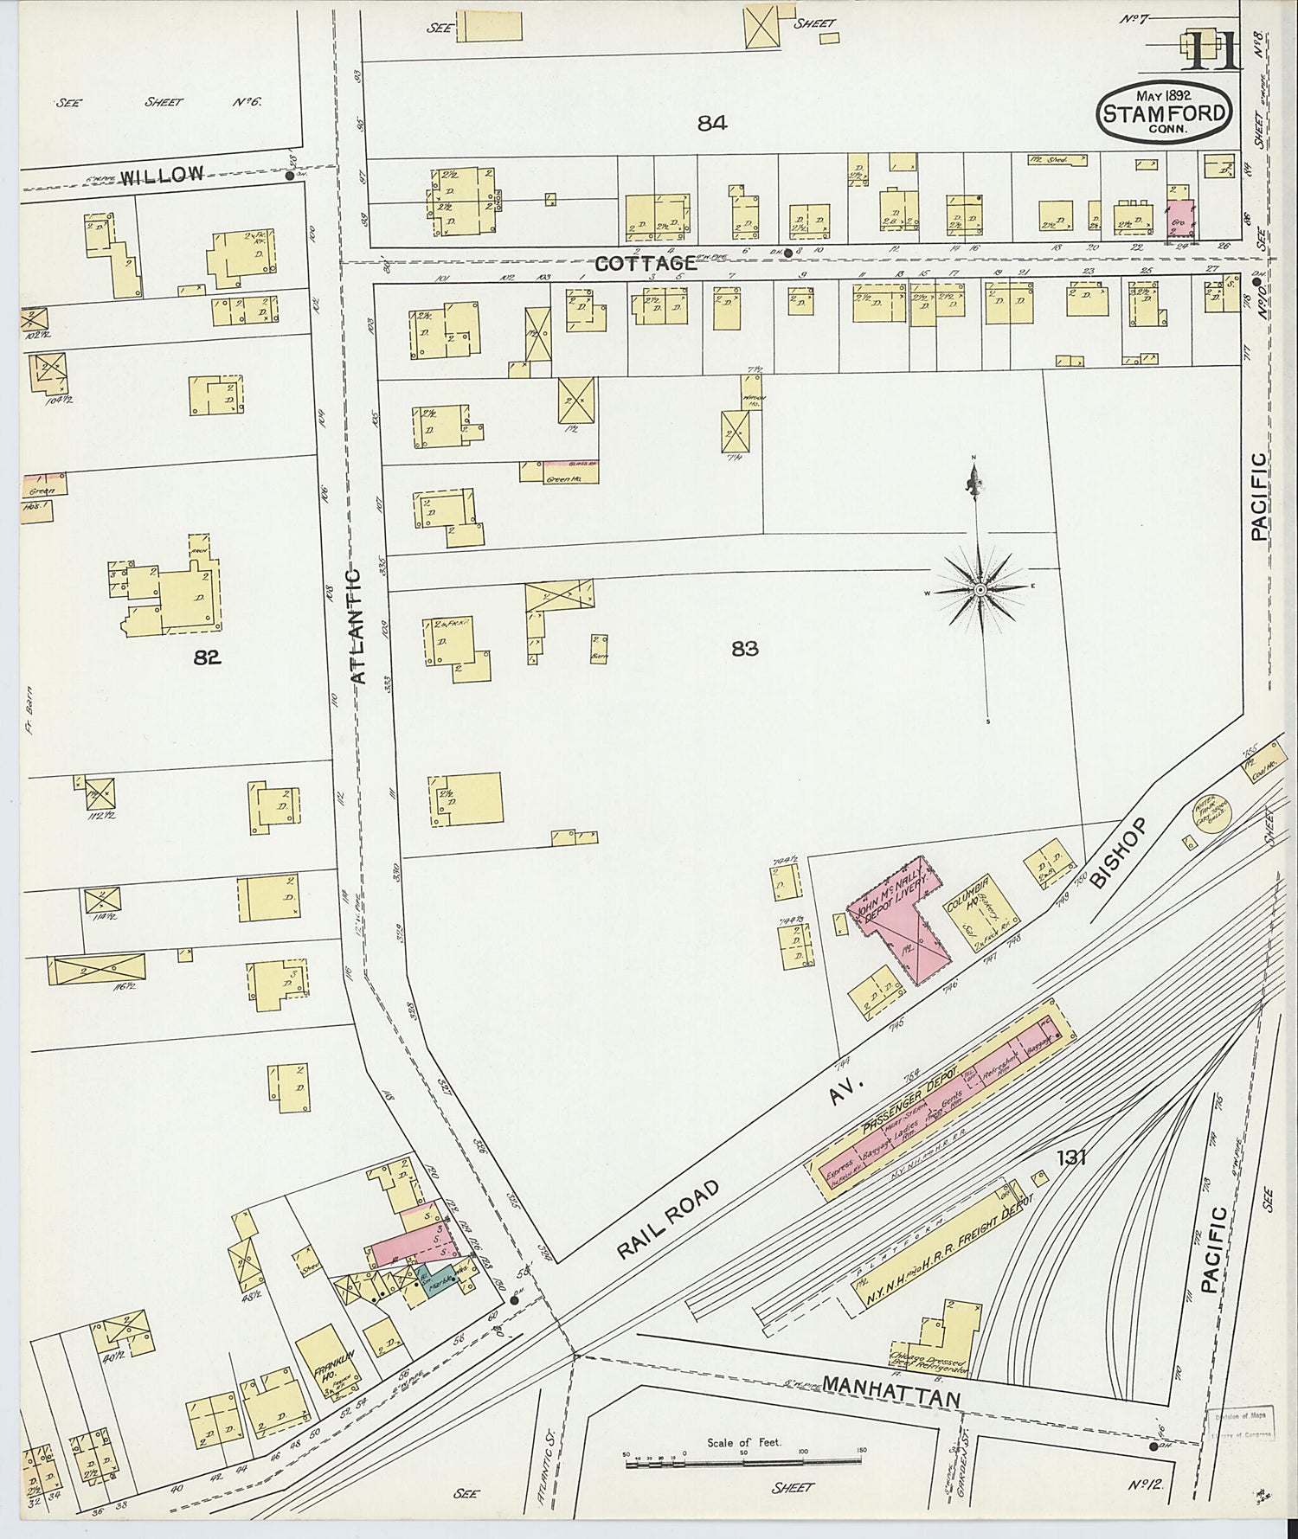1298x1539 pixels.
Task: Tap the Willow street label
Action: coord(162,176)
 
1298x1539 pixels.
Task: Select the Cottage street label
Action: coord(646,263)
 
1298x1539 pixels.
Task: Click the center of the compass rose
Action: coord(980,590)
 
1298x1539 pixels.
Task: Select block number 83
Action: coord(744,648)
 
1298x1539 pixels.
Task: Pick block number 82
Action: coord(208,657)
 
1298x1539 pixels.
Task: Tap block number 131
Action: coord(1070,1157)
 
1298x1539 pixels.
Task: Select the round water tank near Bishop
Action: coord(1211,815)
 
